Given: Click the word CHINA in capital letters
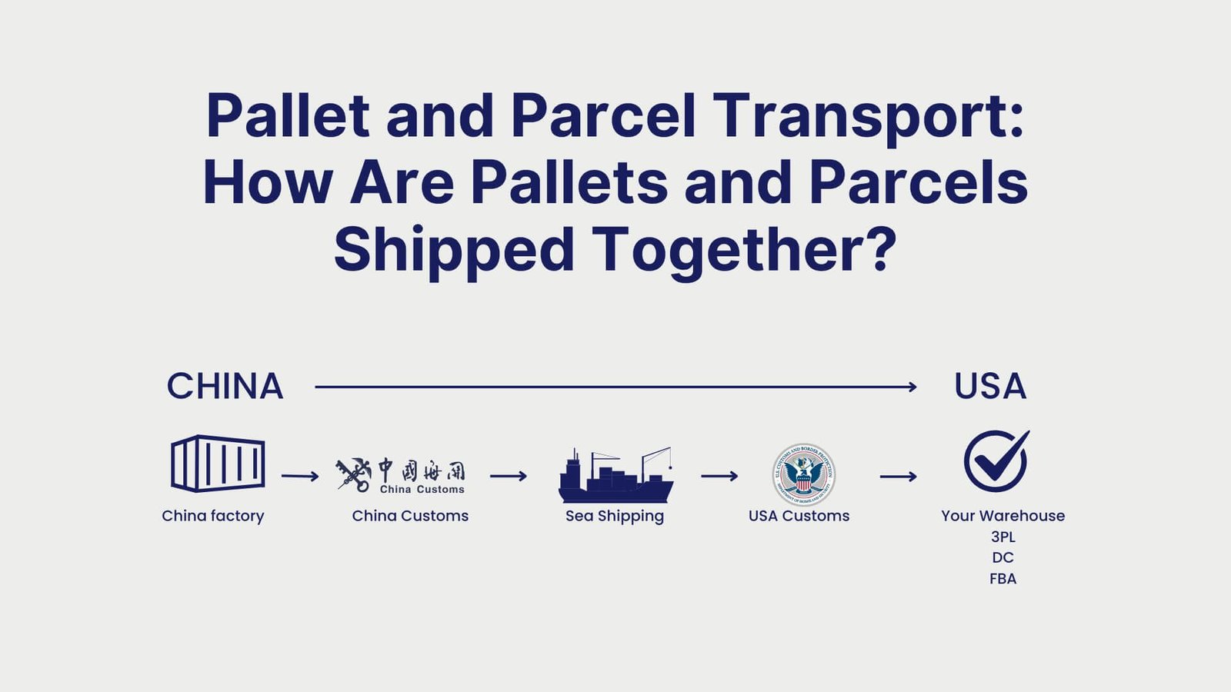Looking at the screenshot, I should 225,386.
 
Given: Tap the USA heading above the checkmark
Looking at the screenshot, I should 989,386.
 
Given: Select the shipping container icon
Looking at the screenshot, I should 218,463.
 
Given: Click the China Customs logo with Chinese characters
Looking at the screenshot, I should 401,475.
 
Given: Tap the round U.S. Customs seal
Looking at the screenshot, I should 803,474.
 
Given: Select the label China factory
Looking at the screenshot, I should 213,516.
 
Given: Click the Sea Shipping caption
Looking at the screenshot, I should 614,516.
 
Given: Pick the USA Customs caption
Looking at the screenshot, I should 799,516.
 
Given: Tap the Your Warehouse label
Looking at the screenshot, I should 1002,516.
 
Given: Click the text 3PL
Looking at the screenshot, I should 1002,537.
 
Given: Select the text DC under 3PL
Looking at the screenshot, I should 1002,557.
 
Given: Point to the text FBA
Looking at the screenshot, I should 1002,578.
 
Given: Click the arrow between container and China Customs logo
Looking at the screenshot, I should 300,477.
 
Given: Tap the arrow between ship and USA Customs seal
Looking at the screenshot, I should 719,477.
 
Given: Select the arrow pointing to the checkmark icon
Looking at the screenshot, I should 898,477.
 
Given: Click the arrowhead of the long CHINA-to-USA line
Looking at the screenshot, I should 912,387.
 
